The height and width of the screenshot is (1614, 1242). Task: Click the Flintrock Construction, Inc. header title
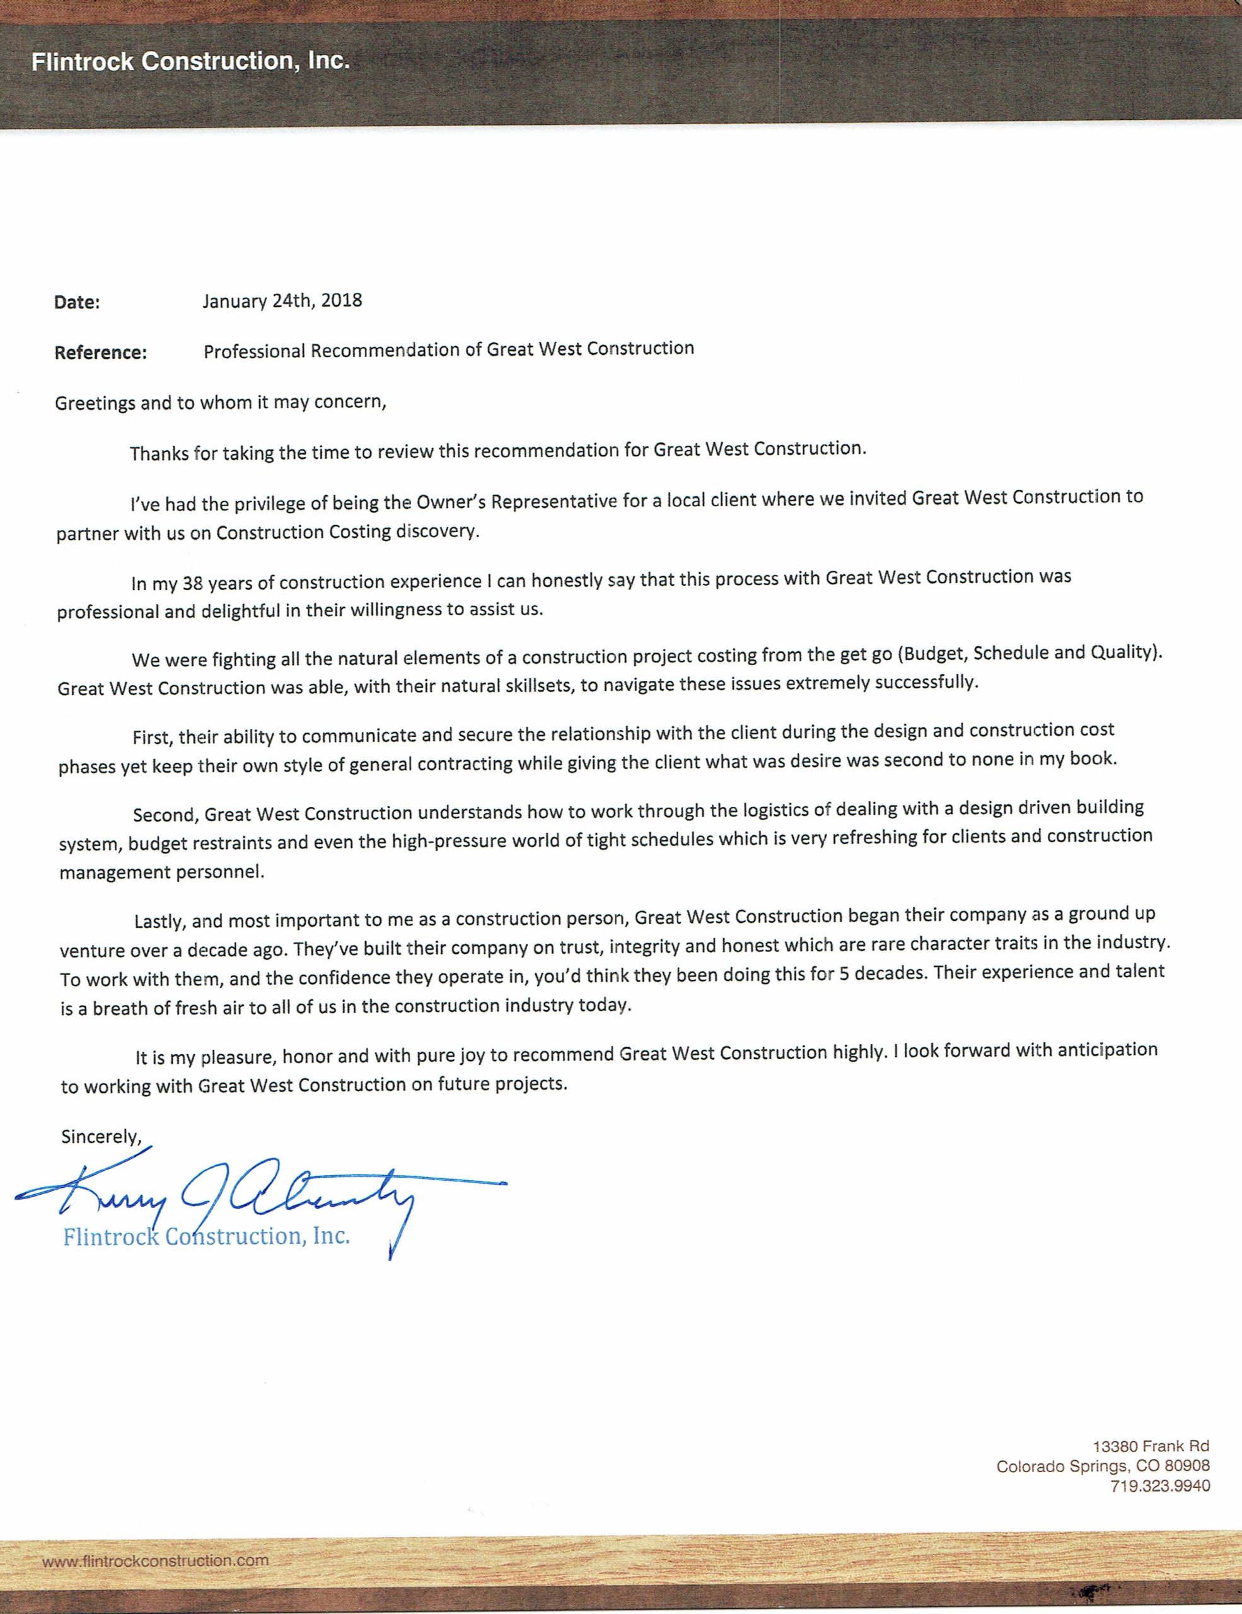[190, 61]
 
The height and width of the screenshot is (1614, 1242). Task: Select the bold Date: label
[77, 302]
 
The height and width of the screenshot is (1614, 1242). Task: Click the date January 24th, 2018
[282, 301]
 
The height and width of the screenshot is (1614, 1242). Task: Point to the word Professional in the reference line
[254, 351]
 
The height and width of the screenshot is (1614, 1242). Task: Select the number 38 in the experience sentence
[192, 584]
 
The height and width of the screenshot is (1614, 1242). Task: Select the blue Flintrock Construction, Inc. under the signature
[206, 1236]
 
